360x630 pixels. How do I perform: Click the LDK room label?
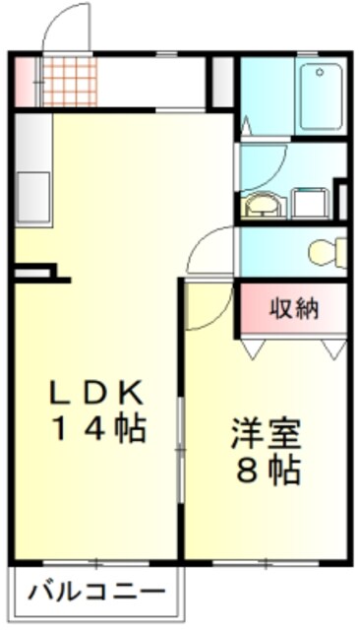pyautogui.click(x=98, y=393)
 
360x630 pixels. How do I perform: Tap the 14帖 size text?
pyautogui.click(x=98, y=428)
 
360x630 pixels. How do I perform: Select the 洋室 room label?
pyautogui.click(x=266, y=433)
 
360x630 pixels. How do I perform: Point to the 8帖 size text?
pyautogui.click(x=266, y=470)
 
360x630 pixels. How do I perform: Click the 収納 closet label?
pyautogui.click(x=294, y=309)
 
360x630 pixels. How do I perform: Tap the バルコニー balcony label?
pyautogui.click(x=95, y=594)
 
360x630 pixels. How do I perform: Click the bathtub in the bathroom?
pyautogui.click(x=324, y=94)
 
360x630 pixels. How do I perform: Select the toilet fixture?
pyautogui.click(x=326, y=253)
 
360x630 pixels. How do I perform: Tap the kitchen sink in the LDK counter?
pyautogui.click(x=32, y=197)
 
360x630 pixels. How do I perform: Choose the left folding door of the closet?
pyautogui.click(x=254, y=347)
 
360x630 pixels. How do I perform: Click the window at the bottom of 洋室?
pyautogui.click(x=265, y=563)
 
